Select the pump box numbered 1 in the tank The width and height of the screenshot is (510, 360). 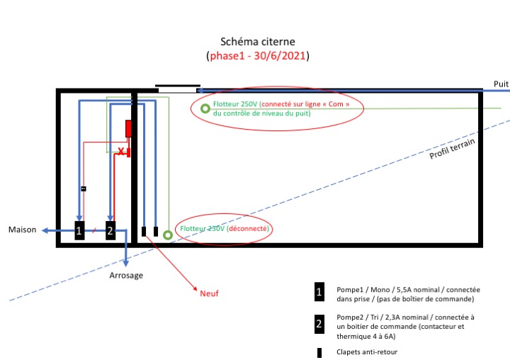(79, 230)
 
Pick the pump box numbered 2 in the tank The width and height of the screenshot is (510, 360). (110, 230)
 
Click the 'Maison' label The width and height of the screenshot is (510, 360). (22, 230)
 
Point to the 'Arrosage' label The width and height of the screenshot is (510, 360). (127, 275)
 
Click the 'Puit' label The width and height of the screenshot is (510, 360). (501, 84)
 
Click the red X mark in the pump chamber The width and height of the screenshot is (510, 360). (121, 152)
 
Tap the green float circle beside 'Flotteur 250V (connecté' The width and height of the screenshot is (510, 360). (205, 108)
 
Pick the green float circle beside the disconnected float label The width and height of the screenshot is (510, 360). (168, 235)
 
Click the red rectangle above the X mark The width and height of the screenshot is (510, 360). (128, 128)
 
